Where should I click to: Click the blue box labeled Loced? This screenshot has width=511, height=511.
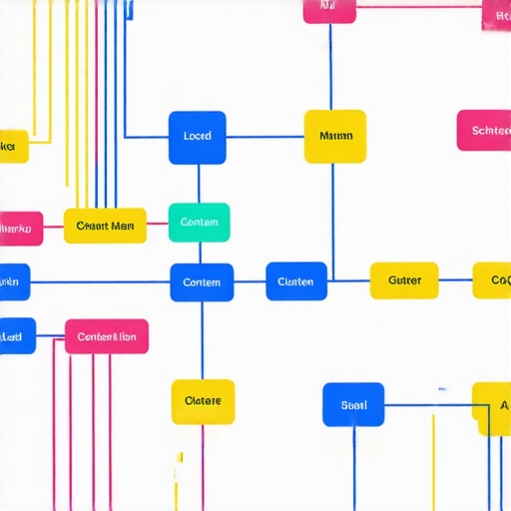click(198, 137)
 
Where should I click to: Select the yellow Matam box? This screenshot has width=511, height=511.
click(334, 136)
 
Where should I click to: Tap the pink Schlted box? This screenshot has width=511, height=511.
click(485, 131)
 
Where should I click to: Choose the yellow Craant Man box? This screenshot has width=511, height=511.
click(105, 226)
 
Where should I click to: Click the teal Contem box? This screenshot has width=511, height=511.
click(199, 223)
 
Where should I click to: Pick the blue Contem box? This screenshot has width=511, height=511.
click(202, 282)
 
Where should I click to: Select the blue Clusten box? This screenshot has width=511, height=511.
click(295, 281)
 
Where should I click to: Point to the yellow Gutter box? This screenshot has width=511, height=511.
click(404, 280)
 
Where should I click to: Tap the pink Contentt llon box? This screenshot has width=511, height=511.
click(107, 336)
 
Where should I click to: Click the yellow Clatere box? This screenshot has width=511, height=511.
click(203, 401)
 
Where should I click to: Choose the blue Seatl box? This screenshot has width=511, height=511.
click(353, 404)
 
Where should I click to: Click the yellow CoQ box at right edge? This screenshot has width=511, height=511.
click(492, 280)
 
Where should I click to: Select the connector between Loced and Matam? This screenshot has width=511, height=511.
click(264, 137)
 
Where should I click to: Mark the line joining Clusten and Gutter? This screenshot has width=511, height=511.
click(348, 280)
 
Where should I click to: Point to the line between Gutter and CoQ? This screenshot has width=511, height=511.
click(455, 280)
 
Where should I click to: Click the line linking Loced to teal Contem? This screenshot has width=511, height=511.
click(198, 184)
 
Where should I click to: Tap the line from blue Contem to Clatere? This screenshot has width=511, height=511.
click(203, 340)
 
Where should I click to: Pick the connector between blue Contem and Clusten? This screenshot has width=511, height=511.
click(250, 282)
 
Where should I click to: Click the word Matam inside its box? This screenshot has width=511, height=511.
click(335, 136)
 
